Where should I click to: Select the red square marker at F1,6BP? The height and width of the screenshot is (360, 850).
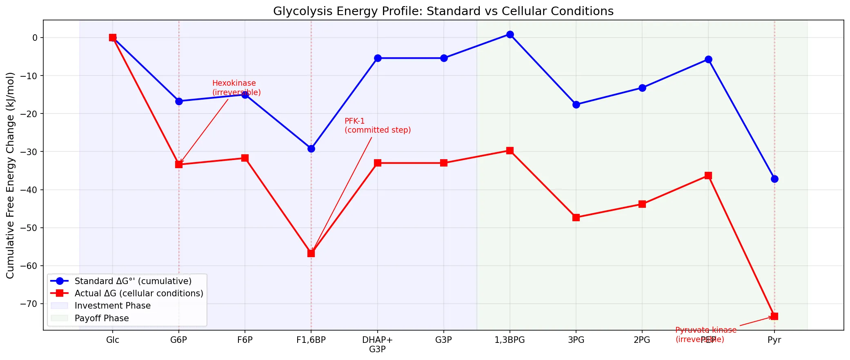(x=311, y=253)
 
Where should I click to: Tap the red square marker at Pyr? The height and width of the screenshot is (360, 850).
(x=774, y=316)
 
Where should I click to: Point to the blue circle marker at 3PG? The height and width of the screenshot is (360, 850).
(x=576, y=105)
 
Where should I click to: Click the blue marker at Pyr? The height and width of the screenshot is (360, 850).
(x=774, y=179)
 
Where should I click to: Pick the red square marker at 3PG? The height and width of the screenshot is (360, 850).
(x=576, y=218)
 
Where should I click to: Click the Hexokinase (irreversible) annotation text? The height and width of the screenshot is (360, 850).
(x=236, y=88)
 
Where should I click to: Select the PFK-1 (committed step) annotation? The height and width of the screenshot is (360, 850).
(x=377, y=126)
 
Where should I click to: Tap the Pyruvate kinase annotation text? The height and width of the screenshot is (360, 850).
(x=705, y=334)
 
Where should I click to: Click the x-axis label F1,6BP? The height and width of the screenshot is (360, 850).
(x=311, y=340)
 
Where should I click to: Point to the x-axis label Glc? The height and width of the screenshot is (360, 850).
(x=113, y=340)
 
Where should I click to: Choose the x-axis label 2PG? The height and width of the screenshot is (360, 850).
(x=642, y=340)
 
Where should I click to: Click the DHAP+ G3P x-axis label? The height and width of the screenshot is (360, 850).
(x=377, y=344)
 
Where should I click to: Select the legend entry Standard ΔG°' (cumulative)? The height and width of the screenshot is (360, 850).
(x=133, y=281)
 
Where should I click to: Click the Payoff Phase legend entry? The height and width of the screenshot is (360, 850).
(x=102, y=318)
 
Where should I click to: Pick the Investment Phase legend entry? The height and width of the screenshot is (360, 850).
(x=112, y=306)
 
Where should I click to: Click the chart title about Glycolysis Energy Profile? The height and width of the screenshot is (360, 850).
(x=443, y=11)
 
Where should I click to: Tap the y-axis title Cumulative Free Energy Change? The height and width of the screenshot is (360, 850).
(x=10, y=176)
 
